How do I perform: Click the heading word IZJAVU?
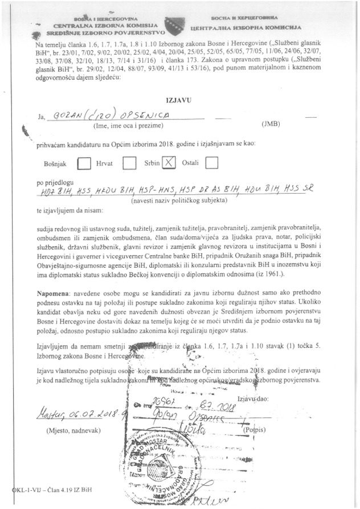(x=179, y=98)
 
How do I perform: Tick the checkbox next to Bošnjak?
(x=83, y=163)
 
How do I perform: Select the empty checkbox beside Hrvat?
(x=129, y=163)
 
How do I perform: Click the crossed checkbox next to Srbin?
(x=169, y=162)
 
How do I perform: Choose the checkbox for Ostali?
(x=211, y=163)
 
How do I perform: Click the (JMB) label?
(x=270, y=124)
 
